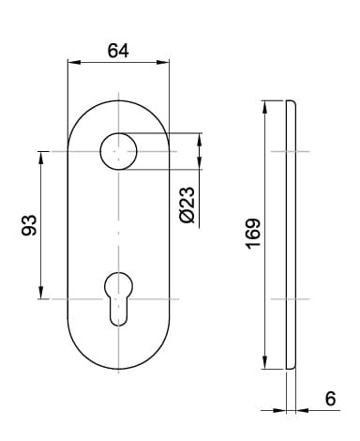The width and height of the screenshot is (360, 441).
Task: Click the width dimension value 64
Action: (118, 51)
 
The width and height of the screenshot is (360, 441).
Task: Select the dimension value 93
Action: (29, 225)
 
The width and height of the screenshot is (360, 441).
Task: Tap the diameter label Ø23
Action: (187, 205)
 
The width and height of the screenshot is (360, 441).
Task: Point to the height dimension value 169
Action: (253, 234)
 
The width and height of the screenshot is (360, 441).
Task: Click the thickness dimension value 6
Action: (330, 399)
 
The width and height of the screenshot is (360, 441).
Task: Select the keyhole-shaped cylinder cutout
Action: (118, 299)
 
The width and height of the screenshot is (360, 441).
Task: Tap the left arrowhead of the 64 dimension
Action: (74, 62)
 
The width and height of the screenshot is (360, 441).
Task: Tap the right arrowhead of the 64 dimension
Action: (163, 62)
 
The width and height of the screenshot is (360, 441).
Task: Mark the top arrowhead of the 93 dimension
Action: (40, 158)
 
